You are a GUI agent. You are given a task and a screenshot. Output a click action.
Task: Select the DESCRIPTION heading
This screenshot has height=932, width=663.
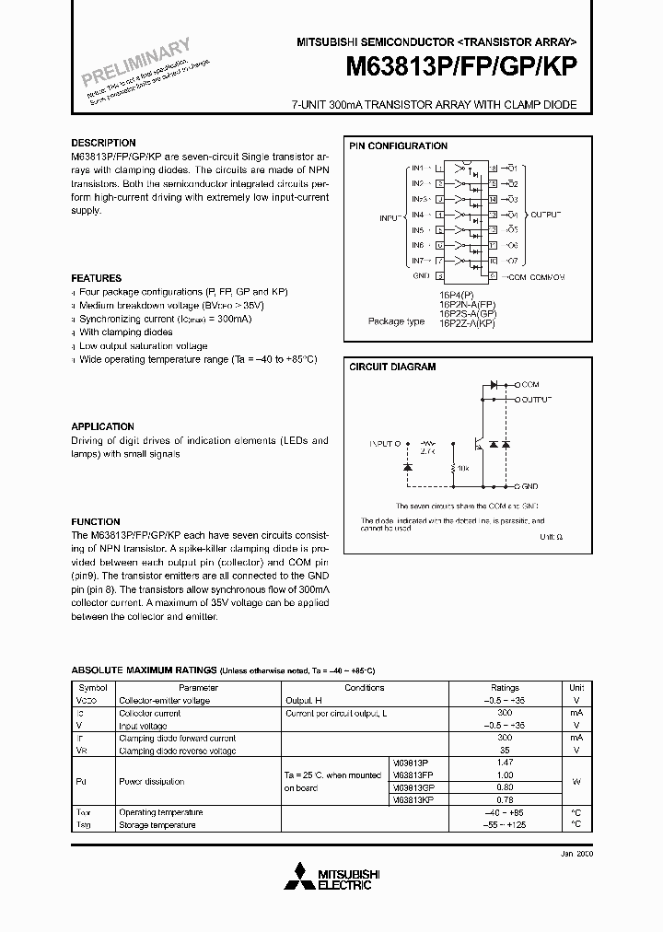click(x=103, y=143)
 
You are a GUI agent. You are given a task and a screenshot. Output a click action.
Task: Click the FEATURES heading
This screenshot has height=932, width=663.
click(x=97, y=278)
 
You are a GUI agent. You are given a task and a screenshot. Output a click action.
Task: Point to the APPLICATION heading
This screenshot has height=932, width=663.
click(x=103, y=426)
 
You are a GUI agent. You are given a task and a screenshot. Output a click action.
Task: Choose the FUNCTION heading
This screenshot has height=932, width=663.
click(x=96, y=521)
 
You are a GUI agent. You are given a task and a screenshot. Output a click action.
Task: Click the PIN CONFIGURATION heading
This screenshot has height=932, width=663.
click(x=398, y=146)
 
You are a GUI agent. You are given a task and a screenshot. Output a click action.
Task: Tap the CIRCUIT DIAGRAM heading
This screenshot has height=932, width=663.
click(x=392, y=367)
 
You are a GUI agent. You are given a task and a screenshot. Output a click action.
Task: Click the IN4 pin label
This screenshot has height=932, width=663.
click(x=417, y=214)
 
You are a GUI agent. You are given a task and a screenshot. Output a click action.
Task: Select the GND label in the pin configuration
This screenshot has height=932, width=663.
click(x=420, y=275)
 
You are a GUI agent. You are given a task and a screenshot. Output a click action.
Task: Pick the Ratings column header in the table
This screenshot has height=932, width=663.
click(x=505, y=688)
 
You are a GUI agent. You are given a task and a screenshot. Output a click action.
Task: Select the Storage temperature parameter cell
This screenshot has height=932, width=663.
click(x=157, y=825)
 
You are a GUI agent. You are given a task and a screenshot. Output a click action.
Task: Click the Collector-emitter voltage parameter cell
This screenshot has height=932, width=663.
click(x=165, y=701)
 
